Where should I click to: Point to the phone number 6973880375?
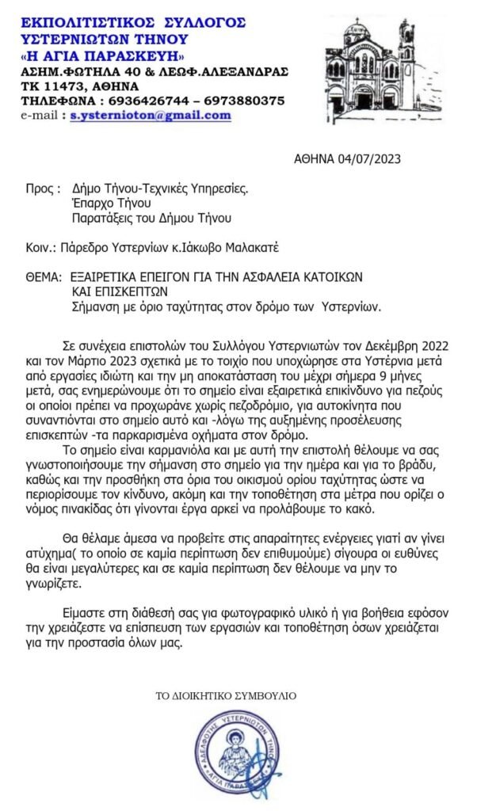click(x=242, y=101)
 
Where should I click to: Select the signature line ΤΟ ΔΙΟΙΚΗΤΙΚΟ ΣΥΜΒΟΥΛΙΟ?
click(x=226, y=695)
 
